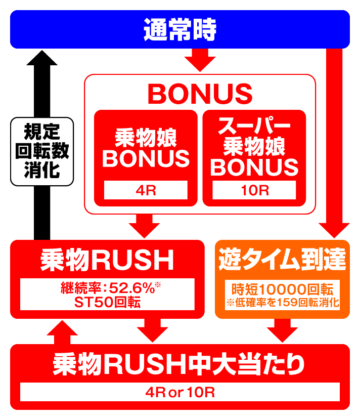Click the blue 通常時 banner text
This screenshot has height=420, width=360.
pos(179,30)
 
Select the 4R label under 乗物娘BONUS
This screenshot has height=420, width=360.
pos(146,191)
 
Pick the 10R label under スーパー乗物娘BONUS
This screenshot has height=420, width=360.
pos(254,191)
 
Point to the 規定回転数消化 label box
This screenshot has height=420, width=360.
pos(42,150)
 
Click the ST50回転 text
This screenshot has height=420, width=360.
pos(107,302)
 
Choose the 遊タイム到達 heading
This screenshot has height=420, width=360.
pos(282,260)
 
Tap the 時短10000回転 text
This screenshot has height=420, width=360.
pos(282,289)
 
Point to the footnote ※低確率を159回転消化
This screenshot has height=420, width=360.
pos(282,304)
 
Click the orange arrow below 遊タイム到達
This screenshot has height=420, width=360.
pos(282,331)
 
